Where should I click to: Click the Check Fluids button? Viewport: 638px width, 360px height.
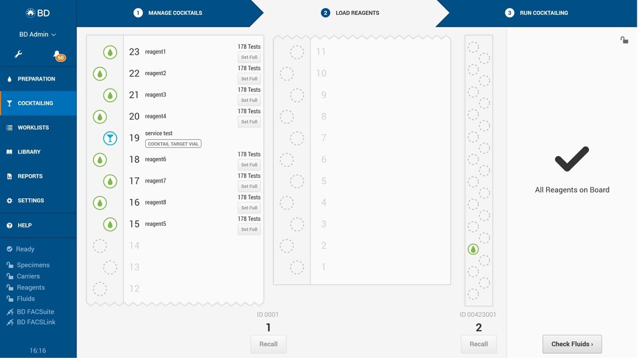pos(572,344)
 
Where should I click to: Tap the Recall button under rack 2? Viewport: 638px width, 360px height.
pos(478,344)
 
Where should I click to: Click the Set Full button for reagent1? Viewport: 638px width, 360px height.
pos(249,58)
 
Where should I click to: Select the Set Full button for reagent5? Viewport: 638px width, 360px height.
pos(249,230)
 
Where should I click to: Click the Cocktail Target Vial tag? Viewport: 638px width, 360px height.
pos(174,144)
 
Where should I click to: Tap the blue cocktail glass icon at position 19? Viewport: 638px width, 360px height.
pos(110,138)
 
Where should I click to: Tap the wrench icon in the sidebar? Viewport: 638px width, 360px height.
pos(18,54)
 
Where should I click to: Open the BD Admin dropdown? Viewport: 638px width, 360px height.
pos(37,35)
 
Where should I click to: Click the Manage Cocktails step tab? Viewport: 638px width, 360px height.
pos(168,13)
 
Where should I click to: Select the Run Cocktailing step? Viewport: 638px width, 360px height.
pos(537,13)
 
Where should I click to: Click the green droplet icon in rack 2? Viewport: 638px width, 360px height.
pos(473,249)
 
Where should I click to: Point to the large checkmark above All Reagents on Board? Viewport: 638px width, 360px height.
pos(572,159)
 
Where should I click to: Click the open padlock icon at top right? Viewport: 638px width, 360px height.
pos(624,40)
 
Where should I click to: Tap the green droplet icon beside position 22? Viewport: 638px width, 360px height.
pos(100,74)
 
